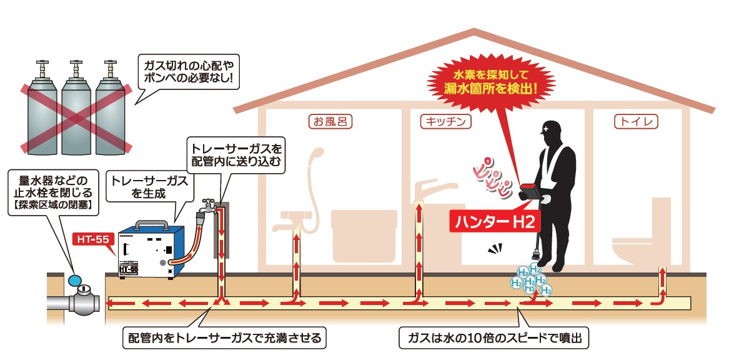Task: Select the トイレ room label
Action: coord(637,122)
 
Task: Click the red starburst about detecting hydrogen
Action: coord(491,81)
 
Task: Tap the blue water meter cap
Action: coord(74,280)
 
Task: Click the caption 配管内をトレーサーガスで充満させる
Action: coord(224,337)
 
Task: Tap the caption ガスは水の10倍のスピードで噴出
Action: coord(495,337)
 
